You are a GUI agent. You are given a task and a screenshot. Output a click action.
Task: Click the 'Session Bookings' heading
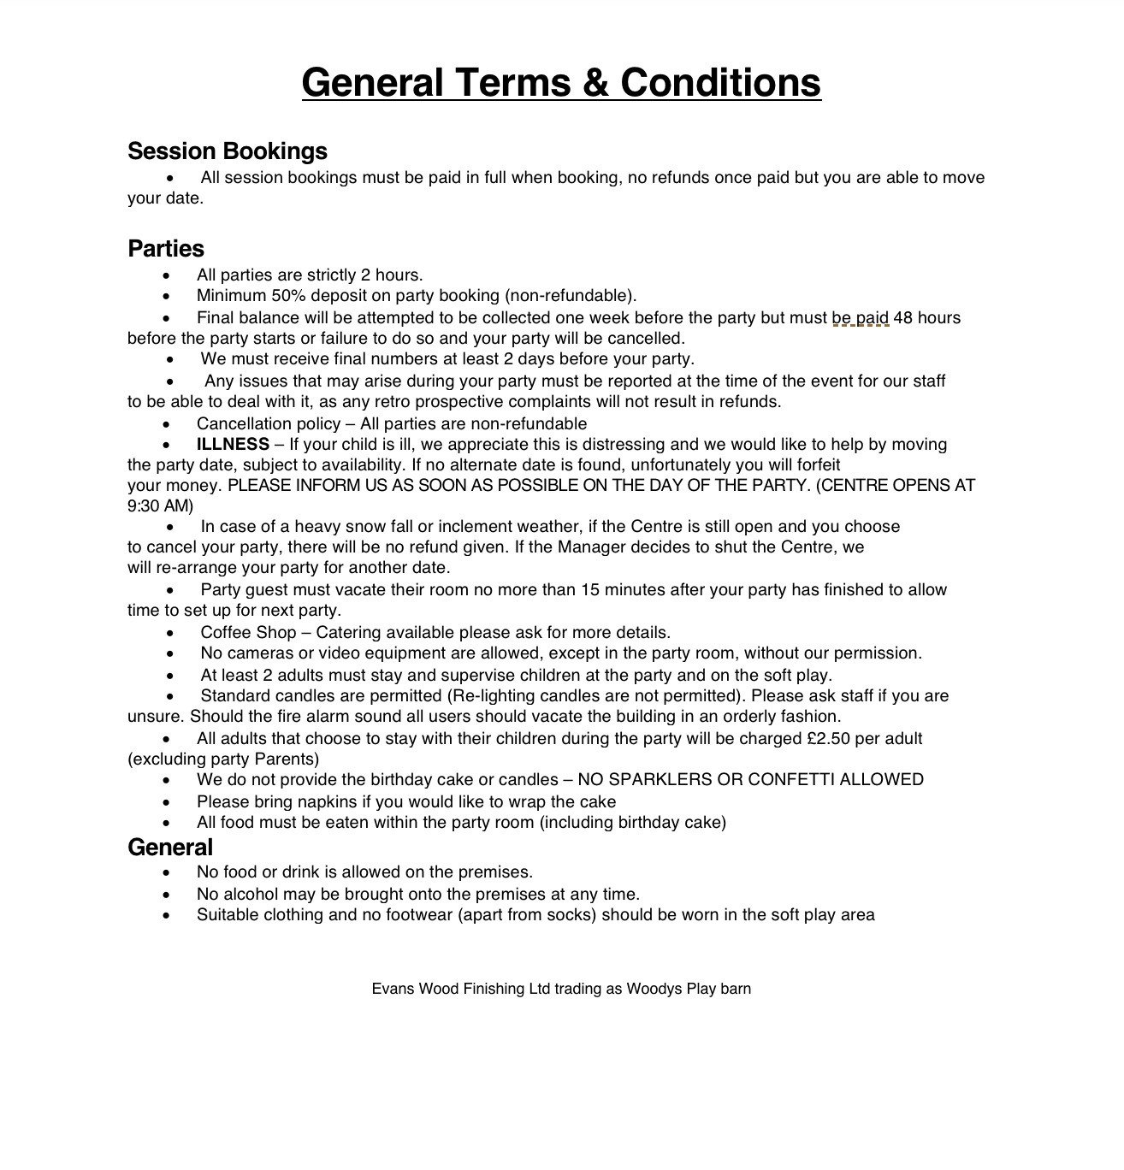pos(228,151)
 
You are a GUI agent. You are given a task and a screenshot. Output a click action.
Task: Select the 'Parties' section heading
pos(166,249)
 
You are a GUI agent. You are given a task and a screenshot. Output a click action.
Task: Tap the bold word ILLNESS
pos(233,445)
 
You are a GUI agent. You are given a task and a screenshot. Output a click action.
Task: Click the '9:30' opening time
pos(145,506)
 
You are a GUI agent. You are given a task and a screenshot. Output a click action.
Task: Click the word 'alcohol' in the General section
pos(252,895)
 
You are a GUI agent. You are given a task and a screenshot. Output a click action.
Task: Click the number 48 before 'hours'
pos(903,318)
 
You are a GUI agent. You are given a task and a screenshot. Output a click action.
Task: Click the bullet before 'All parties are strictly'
pos(167,275)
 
